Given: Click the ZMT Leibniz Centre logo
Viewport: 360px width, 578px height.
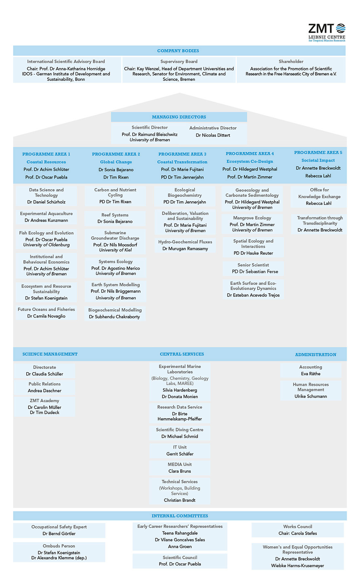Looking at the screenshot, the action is click(x=327, y=32).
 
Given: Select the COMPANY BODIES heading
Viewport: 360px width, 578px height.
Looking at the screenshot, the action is click(x=178, y=51).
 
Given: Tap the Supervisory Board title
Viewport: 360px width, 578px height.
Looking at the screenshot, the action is click(x=179, y=62).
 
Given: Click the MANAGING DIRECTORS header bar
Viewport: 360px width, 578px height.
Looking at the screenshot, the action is click(x=179, y=117).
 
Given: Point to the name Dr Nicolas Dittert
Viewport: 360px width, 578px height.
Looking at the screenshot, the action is click(x=213, y=135).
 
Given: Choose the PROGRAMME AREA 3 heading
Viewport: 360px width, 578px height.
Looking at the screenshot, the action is click(x=182, y=154).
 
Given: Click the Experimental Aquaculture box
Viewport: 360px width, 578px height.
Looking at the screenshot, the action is click(x=46, y=217).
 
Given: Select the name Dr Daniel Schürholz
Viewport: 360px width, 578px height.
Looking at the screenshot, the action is click(x=46, y=202).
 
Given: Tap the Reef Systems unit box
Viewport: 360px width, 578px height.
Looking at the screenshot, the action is click(x=115, y=218).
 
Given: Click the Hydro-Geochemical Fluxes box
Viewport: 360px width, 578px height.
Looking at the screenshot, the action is click(x=185, y=245).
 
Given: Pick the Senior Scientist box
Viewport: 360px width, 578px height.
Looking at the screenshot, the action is click(x=253, y=268).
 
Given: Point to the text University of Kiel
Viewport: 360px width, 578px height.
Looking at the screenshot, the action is click(x=116, y=250).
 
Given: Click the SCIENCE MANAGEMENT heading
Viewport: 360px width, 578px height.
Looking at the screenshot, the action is click(x=50, y=354).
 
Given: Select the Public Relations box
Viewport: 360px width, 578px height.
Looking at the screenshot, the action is click(x=45, y=387).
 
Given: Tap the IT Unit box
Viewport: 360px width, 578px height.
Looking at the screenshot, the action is click(x=180, y=451).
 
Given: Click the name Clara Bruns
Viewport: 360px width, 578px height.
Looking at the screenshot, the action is click(x=180, y=471).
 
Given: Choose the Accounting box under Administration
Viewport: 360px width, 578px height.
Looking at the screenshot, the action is click(x=311, y=370).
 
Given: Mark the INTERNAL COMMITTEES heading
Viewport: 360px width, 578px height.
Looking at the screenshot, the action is click(x=180, y=516).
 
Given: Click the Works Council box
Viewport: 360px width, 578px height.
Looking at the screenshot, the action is click(x=298, y=530).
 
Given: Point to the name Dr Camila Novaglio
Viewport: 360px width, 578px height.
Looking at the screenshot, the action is click(x=46, y=316).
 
